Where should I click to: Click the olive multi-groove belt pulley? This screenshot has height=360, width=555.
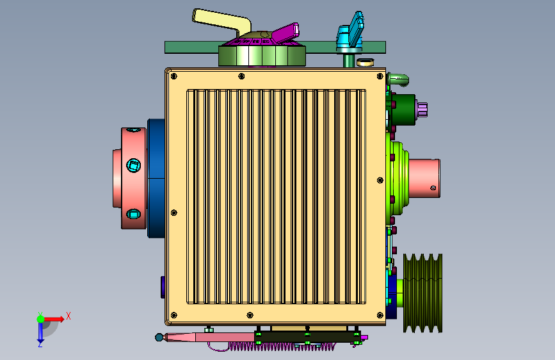pos(422,293)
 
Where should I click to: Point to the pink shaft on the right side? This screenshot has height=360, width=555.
pos(424,178)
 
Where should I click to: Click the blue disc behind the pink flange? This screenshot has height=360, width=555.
pos(156,178)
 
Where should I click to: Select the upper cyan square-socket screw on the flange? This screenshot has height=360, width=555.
pos(133,165)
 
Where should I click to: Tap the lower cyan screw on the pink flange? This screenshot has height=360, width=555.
pos(133,214)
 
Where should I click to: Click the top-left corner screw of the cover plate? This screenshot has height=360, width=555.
pos(173,76)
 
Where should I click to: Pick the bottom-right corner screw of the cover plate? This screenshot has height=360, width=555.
pos(380,315)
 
